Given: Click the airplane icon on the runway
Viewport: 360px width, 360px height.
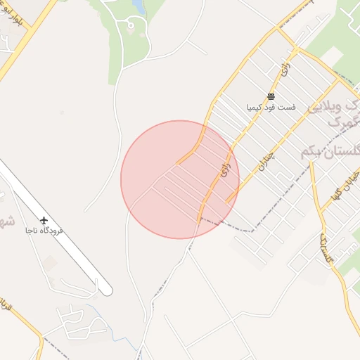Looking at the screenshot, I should (x=44, y=221).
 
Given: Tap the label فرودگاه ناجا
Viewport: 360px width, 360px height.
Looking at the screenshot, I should (x=44, y=231).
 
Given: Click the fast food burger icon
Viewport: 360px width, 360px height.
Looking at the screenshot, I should (x=271, y=97).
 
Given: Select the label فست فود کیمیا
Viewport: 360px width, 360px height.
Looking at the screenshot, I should (x=271, y=108).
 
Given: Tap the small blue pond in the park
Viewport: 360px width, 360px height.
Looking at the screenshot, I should (x=138, y=7).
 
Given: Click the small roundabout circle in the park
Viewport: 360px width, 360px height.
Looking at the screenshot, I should (x=130, y=26).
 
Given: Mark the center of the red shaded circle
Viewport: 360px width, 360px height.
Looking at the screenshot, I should (x=180, y=179).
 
